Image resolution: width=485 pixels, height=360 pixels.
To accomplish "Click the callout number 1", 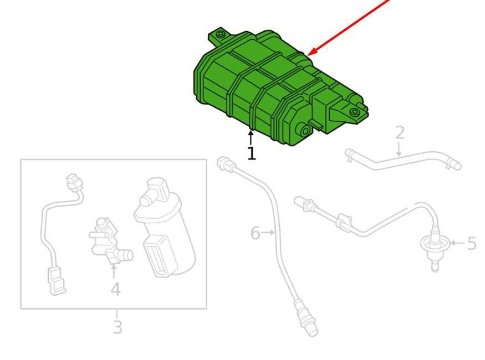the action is click(252, 153).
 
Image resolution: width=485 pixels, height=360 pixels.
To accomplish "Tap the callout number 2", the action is click(400, 132).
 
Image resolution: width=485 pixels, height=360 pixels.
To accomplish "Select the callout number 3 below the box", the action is click(118, 327).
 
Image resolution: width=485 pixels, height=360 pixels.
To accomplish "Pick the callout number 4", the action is click(115, 290).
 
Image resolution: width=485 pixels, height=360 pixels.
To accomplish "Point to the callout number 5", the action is click(472, 243).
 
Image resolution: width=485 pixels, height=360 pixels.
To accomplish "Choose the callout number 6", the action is click(255, 233).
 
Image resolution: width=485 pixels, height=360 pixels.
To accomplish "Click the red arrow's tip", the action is click(308, 55).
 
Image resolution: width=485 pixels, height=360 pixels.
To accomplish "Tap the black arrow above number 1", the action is click(251, 137).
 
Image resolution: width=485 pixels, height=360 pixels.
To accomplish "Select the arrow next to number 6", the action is click(268, 233).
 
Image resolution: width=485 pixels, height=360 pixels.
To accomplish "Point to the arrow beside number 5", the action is click(457, 243).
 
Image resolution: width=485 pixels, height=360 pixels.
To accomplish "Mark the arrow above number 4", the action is click(114, 271).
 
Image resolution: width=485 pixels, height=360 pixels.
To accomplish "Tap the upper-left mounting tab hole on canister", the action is click(220, 33).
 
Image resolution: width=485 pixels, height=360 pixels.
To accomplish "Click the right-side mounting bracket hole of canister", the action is click(354, 112).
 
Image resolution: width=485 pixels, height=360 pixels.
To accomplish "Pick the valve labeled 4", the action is click(109, 241).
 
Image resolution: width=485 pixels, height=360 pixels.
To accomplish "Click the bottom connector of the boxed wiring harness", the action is click(57, 281).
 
